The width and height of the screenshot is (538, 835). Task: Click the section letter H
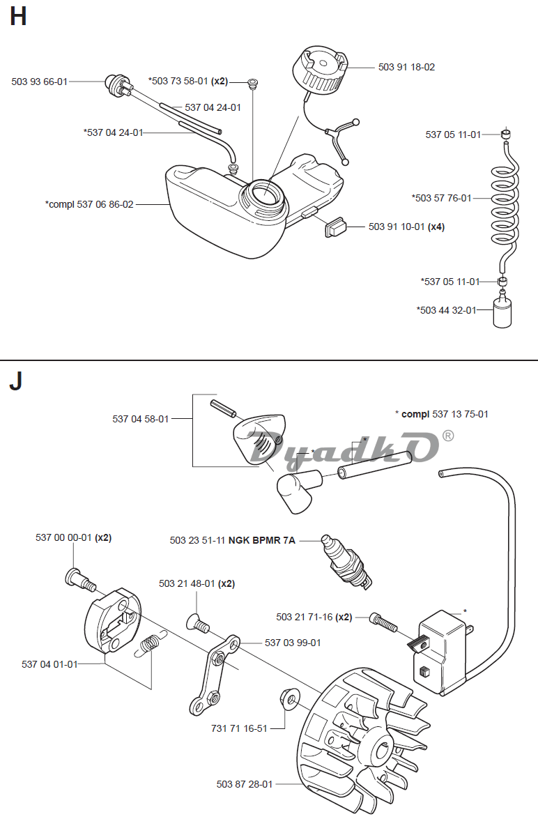(x=18, y=16)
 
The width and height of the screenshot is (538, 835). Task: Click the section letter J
(x=16, y=381)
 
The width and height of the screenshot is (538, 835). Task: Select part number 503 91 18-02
(x=406, y=67)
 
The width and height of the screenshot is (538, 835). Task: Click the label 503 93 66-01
(x=40, y=82)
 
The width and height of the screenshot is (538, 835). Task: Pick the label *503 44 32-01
(x=447, y=310)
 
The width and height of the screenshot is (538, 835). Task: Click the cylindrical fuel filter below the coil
(x=502, y=310)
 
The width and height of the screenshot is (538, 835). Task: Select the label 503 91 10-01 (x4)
(x=406, y=227)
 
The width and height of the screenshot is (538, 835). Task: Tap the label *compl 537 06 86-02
(x=89, y=204)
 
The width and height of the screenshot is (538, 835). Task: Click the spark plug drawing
(x=346, y=562)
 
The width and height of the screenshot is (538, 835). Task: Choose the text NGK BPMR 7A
(x=261, y=540)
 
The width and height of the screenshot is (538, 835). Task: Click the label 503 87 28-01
(x=245, y=784)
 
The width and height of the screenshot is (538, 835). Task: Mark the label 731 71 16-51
(x=239, y=728)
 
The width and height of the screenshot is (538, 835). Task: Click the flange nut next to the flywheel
(x=289, y=698)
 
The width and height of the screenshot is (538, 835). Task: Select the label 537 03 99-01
(x=293, y=643)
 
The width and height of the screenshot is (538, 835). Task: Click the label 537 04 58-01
(x=141, y=419)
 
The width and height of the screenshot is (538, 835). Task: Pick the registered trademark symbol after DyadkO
(x=449, y=436)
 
